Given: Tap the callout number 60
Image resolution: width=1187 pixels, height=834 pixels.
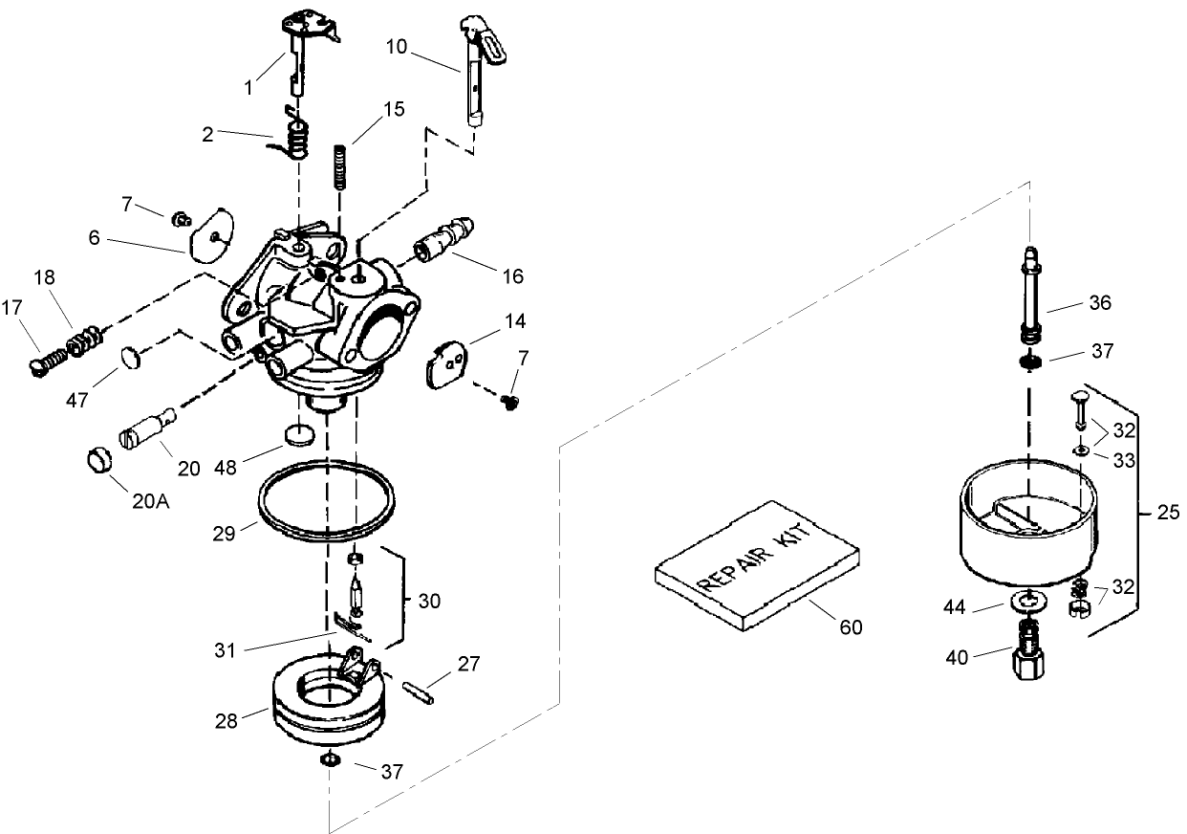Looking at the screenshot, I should click(x=850, y=626).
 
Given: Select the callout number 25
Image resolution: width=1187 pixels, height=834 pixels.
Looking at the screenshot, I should click(x=1167, y=513).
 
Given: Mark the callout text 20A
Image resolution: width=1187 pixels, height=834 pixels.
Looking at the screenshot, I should click(x=149, y=501).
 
